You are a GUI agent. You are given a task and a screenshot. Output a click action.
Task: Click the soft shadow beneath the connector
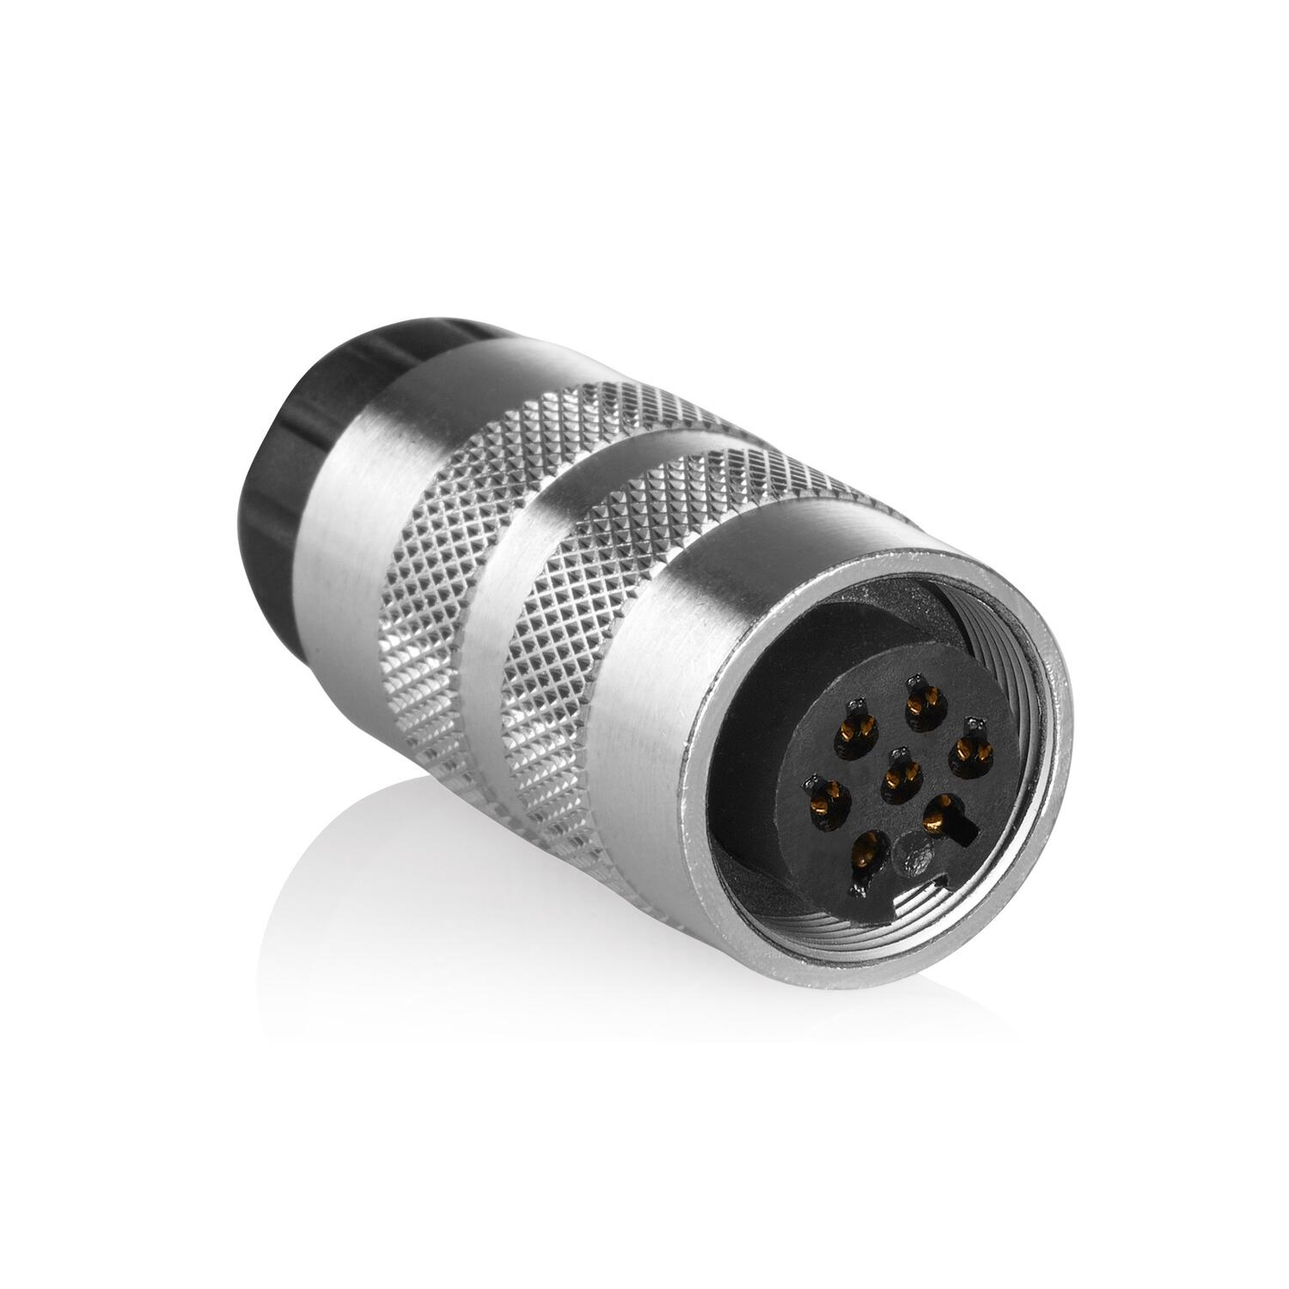pyautogui.click(x=430, y=859)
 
